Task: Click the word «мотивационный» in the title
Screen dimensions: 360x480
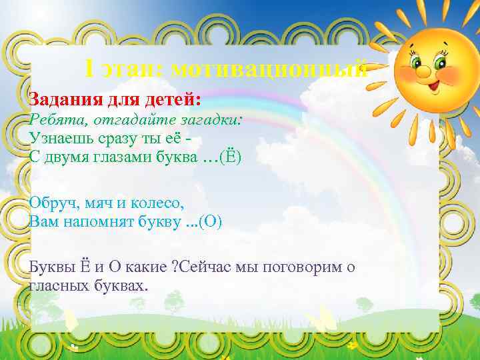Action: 268,69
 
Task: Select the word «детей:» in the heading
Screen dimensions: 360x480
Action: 172,99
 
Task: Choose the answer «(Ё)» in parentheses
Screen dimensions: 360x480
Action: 229,157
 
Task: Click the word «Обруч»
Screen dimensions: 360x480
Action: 53,203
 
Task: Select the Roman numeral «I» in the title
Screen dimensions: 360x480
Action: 91,69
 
